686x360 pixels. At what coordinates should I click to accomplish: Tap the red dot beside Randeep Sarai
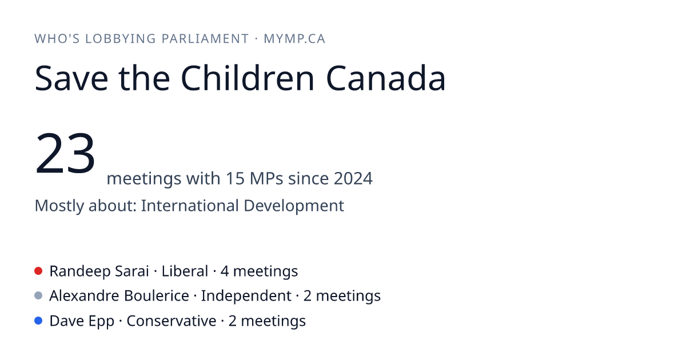pos(38,271)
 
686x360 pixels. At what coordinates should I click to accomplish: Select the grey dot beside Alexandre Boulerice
pos(38,296)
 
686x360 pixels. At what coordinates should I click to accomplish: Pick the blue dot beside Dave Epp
pos(38,321)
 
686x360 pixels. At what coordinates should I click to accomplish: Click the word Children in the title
pos(248,78)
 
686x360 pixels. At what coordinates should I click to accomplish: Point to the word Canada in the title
pos(386,78)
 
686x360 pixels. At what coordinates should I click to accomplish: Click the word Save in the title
pos(71,78)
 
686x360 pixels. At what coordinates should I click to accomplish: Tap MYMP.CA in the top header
pos(294,39)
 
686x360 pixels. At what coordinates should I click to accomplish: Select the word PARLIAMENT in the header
pos(205,39)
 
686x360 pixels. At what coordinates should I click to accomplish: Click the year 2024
pos(353,178)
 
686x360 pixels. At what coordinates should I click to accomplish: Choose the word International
pos(190,205)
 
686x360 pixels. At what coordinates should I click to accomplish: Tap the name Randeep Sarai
pos(99,271)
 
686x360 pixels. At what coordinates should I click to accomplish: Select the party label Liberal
pos(185,271)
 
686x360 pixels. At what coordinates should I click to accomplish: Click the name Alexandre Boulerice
pos(119,296)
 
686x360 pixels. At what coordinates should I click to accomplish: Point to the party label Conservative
pos(171,321)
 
